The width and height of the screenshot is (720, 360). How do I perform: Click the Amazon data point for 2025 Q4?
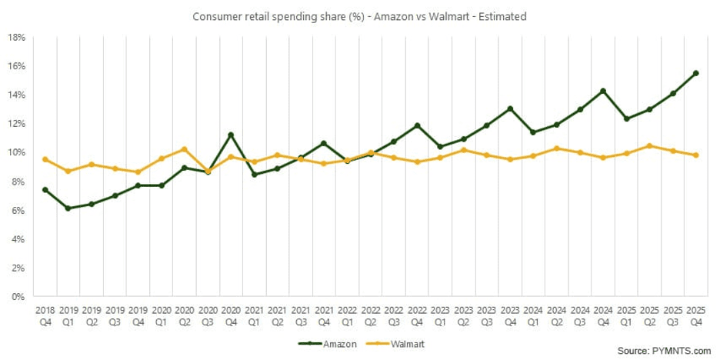point(695,73)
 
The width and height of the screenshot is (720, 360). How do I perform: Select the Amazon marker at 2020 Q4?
point(231,135)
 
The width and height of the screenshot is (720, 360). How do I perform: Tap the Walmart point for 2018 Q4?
point(45,159)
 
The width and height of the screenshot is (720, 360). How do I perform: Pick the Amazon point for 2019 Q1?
point(68,208)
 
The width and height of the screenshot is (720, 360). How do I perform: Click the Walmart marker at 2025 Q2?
point(649,145)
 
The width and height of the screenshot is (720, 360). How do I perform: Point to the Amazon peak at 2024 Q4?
point(602,91)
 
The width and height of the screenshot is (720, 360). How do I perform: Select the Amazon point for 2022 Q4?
point(417,125)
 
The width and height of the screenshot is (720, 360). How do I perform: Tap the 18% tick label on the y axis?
point(17,37)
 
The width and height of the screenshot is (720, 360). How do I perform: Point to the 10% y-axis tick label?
point(17,152)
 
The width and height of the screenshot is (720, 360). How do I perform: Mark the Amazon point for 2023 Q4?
point(510,108)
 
